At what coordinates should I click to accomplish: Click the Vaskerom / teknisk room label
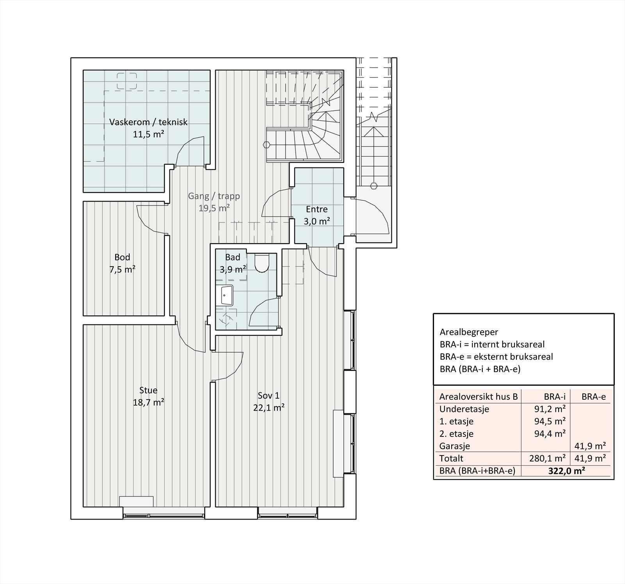[x=148, y=122]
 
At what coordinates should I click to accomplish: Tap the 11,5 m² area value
[x=148, y=135]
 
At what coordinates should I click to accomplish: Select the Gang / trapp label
[x=214, y=196]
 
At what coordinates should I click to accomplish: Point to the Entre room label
[x=317, y=209]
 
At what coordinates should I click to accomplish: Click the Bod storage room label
[x=122, y=257]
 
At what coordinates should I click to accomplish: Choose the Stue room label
[x=148, y=390]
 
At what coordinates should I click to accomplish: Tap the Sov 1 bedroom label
[x=269, y=395]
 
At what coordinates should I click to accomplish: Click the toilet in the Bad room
[x=261, y=262]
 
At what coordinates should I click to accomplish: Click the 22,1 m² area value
[x=269, y=408]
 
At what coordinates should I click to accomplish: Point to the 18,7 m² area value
[x=148, y=402]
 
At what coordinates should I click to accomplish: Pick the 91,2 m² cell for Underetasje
[x=550, y=409]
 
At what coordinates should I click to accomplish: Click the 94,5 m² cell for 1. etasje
[x=550, y=422]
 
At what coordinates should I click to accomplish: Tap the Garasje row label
[x=455, y=446]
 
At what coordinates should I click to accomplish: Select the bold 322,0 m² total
[x=566, y=471]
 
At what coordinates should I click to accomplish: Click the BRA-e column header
[x=594, y=397]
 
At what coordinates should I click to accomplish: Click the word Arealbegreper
[x=469, y=332]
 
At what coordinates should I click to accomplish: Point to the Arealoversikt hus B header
[x=479, y=397]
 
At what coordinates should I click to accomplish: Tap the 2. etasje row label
[x=457, y=434]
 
